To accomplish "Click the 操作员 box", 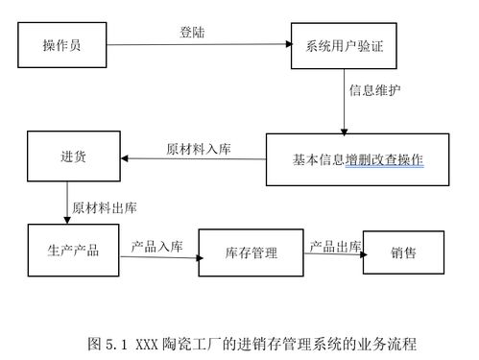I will (61, 45).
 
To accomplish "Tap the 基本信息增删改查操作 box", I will (356, 158).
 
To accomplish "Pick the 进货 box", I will (72, 157).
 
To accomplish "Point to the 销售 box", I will (403, 252).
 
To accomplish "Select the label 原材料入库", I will (198, 151).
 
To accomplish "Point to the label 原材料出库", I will (105, 206).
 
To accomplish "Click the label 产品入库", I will (157, 246).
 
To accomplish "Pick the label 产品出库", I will (334, 246).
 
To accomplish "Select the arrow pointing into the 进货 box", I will (192, 159).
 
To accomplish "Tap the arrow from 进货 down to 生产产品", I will (67, 202).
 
